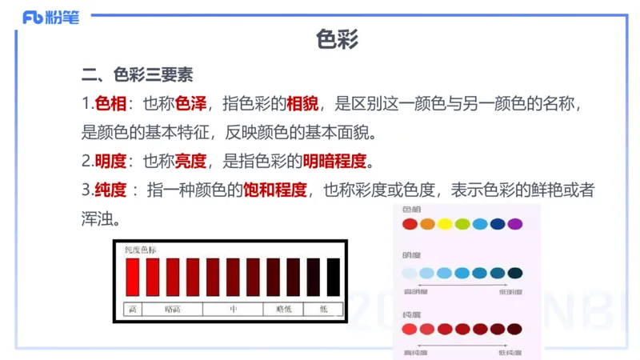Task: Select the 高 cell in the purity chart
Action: [132, 308]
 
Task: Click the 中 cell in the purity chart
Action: [234, 308]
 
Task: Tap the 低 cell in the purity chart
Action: [323, 308]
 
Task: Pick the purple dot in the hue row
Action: [514, 224]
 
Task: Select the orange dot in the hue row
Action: [427, 224]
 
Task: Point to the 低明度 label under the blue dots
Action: [510, 292]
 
